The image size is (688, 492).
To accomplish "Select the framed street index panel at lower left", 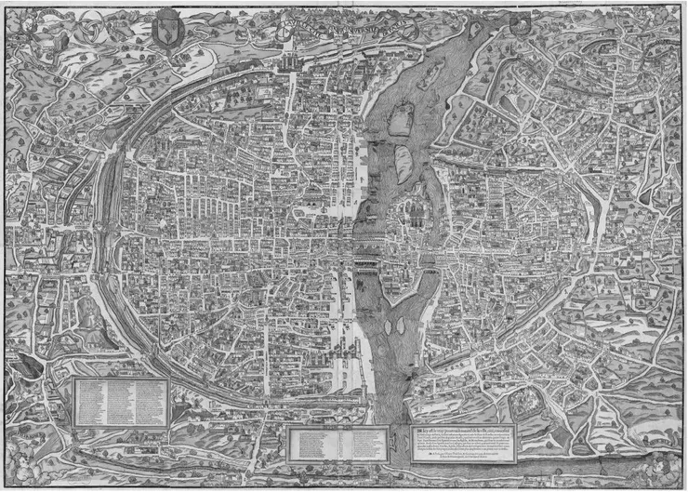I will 120,401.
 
